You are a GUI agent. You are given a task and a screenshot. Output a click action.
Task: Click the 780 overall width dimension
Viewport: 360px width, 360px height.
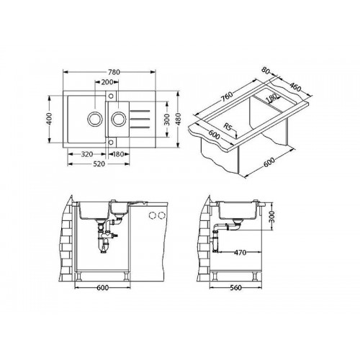click(x=114, y=72)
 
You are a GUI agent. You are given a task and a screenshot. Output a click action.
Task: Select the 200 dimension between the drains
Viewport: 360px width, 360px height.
click(x=107, y=82)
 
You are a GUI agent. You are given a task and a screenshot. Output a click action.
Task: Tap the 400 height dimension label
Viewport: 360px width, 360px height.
click(x=49, y=119)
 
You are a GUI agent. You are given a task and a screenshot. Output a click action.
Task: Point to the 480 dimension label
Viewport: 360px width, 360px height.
click(x=178, y=119)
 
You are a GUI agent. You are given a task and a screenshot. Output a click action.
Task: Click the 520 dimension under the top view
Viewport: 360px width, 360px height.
click(x=99, y=164)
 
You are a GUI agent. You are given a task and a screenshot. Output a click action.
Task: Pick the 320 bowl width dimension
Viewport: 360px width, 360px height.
click(x=87, y=154)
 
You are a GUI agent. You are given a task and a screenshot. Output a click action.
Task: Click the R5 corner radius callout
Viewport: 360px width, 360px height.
click(x=227, y=126)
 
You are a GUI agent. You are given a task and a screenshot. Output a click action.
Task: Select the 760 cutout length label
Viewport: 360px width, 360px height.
click(x=227, y=96)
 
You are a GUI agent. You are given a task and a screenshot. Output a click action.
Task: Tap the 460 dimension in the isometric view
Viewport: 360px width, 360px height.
click(x=294, y=87)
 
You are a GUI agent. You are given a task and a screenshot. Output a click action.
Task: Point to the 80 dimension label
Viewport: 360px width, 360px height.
click(x=266, y=71)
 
